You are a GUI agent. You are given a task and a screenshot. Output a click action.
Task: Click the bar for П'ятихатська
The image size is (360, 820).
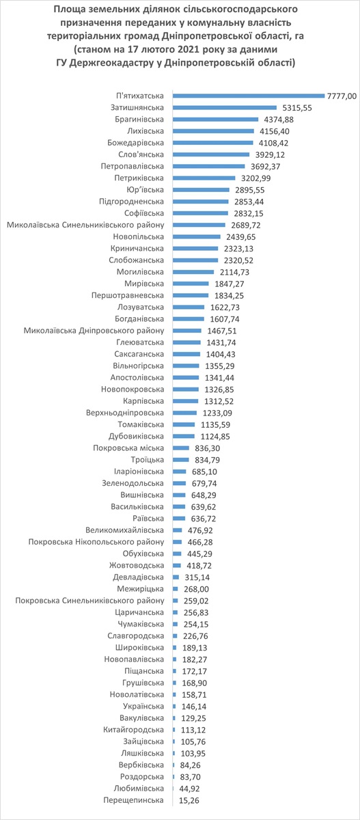[x=249, y=96]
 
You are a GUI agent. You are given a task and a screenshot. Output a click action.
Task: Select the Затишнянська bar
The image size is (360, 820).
[x=225, y=108]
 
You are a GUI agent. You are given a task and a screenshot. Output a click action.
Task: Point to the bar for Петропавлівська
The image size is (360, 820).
[x=209, y=166]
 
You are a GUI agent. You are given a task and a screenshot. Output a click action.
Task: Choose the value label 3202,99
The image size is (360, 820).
[x=255, y=178]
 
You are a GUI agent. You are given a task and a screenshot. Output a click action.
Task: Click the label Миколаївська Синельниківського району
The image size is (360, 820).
[x=85, y=225]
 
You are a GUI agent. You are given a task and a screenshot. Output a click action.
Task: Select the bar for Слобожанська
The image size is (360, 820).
[x=196, y=260]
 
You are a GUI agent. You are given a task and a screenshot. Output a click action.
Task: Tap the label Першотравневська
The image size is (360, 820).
[x=128, y=295]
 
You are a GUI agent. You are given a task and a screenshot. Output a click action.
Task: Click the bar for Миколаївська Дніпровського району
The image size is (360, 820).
[x=187, y=331]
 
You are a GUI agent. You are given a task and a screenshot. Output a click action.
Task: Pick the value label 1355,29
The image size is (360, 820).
[x=220, y=366]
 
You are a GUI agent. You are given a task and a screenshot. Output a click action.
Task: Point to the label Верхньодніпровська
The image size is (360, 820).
[x=125, y=413]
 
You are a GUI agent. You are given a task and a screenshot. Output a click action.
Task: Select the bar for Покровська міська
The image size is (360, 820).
[x=181, y=448]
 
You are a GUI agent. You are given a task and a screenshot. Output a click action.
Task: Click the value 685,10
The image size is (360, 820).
[x=204, y=472]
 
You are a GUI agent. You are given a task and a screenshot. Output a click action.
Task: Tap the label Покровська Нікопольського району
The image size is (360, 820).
[x=96, y=542]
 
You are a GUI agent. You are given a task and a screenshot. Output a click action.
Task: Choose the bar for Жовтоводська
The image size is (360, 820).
[x=177, y=566]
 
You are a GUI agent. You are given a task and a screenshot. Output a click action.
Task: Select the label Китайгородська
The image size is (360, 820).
[x=133, y=730]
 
